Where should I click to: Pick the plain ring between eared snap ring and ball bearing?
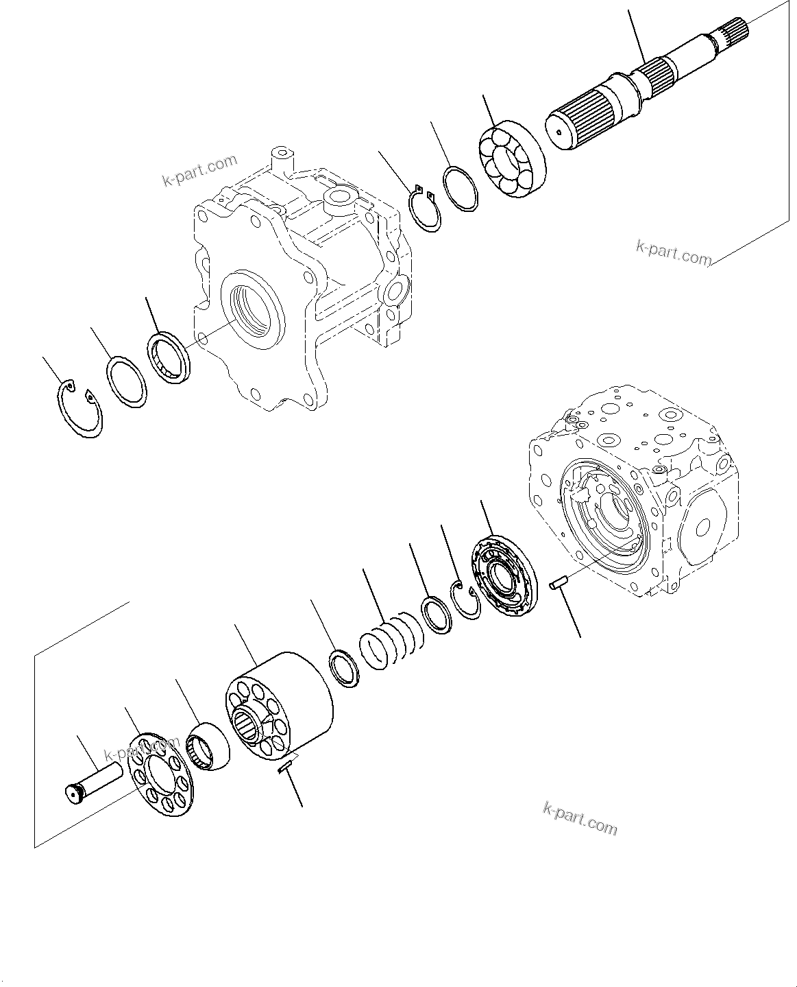click(x=461, y=189)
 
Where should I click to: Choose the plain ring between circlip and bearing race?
click(x=126, y=382)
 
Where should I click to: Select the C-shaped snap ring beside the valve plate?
click(x=469, y=599)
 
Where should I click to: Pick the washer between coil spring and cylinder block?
click(x=344, y=667)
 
